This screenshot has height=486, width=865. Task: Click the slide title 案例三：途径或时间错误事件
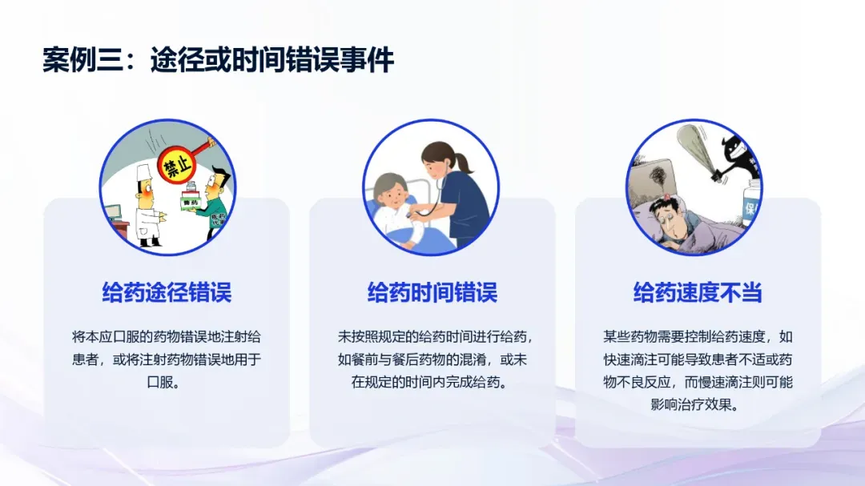coord(218,59)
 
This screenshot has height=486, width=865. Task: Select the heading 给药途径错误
coord(167,292)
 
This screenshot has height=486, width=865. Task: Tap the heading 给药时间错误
coord(432,292)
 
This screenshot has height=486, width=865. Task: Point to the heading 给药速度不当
coord(698,292)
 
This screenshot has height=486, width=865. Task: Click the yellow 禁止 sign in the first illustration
coord(177,165)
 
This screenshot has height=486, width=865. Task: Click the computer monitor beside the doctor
coord(113,213)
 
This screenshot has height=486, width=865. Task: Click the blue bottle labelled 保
coord(751,205)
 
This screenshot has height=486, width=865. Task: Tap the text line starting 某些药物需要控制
coord(698,337)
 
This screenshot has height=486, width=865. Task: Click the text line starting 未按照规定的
coord(435,337)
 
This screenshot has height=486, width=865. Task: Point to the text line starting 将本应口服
coord(167,337)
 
